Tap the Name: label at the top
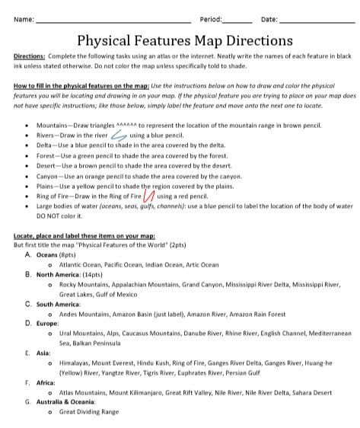point(24,18)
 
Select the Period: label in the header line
point(211,18)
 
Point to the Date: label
point(269,18)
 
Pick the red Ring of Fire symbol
point(149,196)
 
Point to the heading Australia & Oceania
point(68,402)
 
